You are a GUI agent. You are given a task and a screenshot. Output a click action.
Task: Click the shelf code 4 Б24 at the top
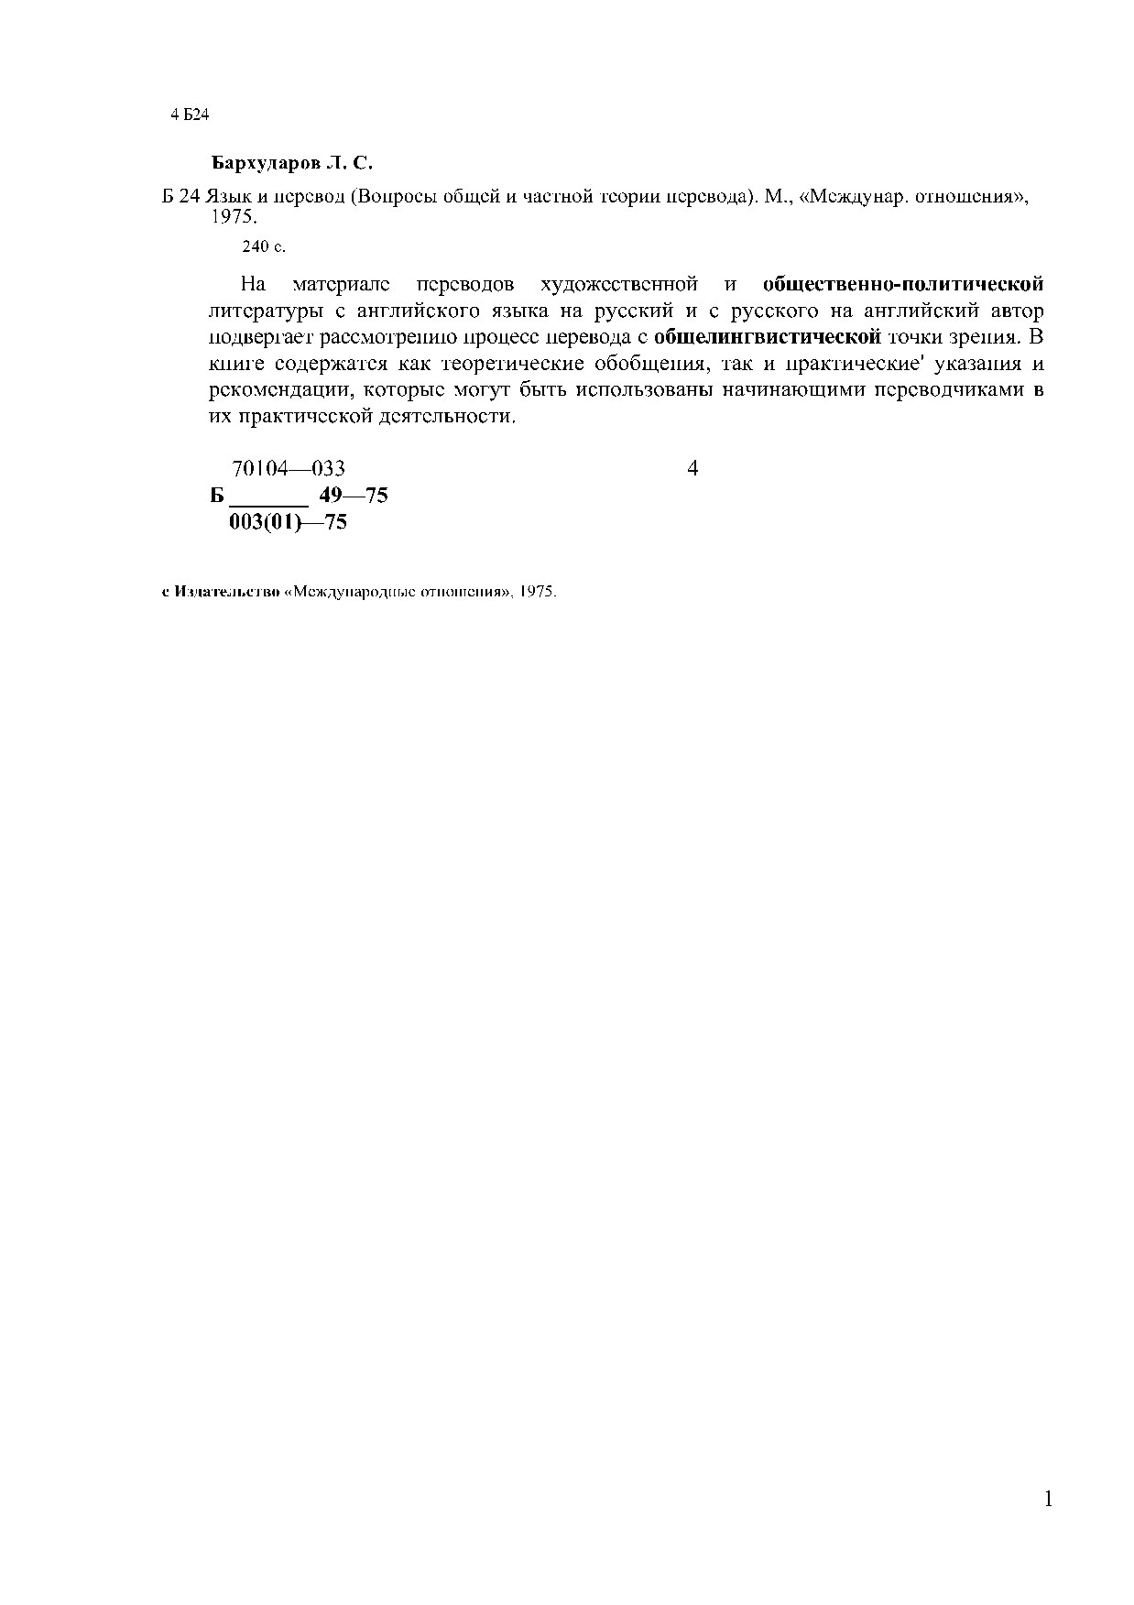pos(191,115)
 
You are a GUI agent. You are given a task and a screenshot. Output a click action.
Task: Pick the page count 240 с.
pos(264,246)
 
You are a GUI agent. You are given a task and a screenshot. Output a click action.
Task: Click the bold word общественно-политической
pos(902,285)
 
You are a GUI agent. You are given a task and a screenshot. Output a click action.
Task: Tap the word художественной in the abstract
pos(619,285)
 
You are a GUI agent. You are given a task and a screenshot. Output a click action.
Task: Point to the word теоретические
pos(513,364)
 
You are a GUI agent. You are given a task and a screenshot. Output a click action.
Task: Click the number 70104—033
pos(289,468)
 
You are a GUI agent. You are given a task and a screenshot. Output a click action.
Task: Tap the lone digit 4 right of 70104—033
pos(692,468)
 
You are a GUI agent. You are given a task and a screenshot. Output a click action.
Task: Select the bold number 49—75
pos(354,496)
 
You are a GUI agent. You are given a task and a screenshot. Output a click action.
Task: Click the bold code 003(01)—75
pos(288,522)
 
